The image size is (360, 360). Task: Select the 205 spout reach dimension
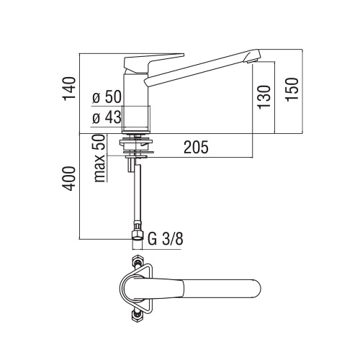(195, 148)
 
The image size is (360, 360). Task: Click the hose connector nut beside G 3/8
(135, 234)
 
